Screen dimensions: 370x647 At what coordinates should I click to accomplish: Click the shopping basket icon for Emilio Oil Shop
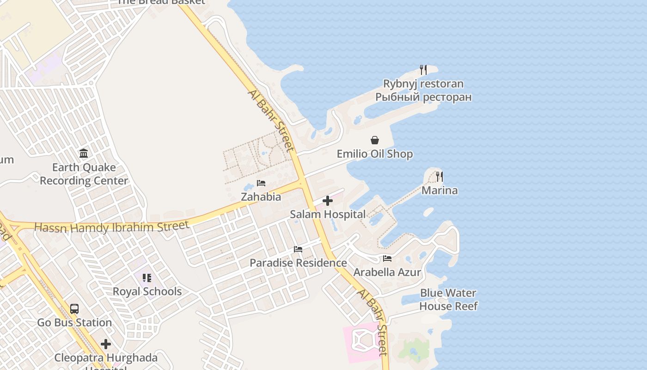tap(375, 140)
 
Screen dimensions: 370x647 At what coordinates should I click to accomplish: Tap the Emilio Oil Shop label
tap(374, 154)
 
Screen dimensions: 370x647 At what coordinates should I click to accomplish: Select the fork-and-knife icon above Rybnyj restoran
tap(423, 70)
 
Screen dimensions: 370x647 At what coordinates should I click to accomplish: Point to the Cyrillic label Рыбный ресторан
tap(423, 97)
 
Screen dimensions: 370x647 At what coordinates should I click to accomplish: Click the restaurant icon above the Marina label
tap(439, 176)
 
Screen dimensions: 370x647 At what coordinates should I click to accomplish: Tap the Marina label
tap(439, 191)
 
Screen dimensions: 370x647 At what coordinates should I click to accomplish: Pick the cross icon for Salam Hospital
tap(328, 201)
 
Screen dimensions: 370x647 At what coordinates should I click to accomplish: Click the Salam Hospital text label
tap(328, 215)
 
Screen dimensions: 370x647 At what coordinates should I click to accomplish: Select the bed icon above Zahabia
tap(261, 183)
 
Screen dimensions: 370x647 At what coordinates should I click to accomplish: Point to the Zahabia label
tap(261, 197)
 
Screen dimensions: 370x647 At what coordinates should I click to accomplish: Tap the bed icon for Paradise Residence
tap(298, 249)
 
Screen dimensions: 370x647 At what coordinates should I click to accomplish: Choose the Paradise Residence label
tap(298, 263)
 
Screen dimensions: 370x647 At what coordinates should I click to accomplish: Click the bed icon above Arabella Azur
tap(387, 259)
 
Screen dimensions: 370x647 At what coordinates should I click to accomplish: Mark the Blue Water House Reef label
tap(448, 300)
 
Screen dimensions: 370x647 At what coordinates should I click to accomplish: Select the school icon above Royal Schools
tap(147, 278)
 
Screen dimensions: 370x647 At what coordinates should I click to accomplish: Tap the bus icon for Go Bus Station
tap(74, 308)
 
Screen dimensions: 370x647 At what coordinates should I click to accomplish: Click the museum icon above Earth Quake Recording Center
tap(84, 153)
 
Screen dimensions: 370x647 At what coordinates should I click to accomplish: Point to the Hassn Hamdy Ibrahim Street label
tap(112, 227)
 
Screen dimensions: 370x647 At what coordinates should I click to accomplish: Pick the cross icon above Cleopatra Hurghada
tap(106, 344)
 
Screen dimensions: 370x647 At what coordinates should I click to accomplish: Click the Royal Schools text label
tap(147, 292)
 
